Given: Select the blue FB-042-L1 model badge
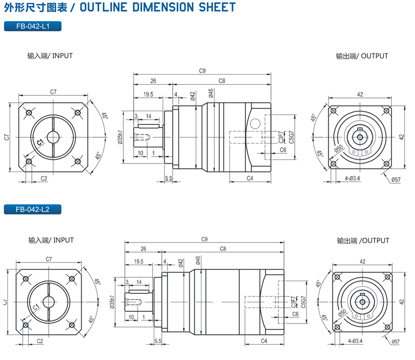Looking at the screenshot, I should coord(32,26).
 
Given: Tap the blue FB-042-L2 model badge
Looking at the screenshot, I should coord(32,210).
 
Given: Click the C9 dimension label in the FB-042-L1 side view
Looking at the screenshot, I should coord(202,70).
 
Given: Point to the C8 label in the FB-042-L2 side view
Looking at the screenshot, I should coord(223,249).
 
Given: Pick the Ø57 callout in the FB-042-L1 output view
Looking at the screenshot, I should coord(395,180).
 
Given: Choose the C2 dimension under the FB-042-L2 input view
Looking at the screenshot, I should coord(40,341).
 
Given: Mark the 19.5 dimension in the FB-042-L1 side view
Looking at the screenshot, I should coord(148,94).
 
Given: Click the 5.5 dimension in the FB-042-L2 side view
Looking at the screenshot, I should coord(157,341).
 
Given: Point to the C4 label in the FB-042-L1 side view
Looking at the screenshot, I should coord(250,178).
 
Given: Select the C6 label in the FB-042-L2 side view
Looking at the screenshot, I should coord(295,314).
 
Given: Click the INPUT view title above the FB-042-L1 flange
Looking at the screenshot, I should coord(50,56).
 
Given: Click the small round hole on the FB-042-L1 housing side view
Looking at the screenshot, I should coord(255,123).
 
